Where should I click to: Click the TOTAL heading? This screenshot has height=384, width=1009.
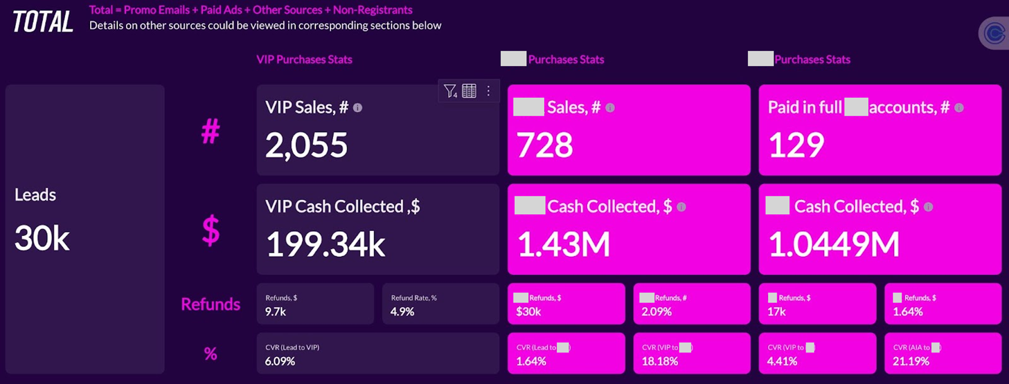click(42, 22)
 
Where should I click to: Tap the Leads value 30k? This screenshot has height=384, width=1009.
click(42, 239)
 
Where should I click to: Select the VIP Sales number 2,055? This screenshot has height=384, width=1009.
click(306, 145)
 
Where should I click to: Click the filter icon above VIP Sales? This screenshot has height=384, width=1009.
click(450, 91)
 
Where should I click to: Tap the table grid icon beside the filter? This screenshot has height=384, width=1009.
click(469, 91)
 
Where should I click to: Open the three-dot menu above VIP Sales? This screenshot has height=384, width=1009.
click(488, 91)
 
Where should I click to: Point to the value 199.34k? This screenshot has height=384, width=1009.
click(325, 244)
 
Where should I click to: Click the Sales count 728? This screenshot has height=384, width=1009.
click(545, 145)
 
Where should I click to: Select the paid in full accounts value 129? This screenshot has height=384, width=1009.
click(796, 145)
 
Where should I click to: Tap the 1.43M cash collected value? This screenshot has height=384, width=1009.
click(563, 244)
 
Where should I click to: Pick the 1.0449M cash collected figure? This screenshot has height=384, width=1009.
click(834, 244)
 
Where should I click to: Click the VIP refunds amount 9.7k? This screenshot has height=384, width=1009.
click(275, 312)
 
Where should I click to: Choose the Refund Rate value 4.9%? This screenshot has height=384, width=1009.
click(402, 312)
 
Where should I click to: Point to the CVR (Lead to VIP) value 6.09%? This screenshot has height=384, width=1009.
click(280, 361)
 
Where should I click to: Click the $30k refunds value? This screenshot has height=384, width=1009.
click(528, 312)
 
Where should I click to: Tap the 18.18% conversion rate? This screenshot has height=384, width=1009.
click(660, 361)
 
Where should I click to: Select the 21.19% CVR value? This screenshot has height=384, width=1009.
click(911, 361)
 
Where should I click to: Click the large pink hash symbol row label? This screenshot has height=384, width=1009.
click(211, 131)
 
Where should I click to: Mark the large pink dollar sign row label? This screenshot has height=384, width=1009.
click(211, 230)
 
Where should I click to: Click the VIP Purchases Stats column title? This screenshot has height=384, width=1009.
click(304, 60)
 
